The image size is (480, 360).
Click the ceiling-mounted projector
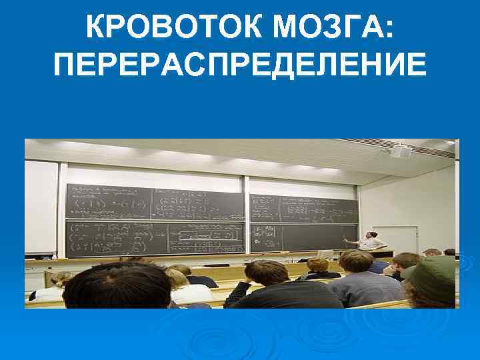[x=400, y=151]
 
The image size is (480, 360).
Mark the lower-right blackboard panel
[x=303, y=237]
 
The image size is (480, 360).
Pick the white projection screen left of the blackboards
[x=41, y=207]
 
